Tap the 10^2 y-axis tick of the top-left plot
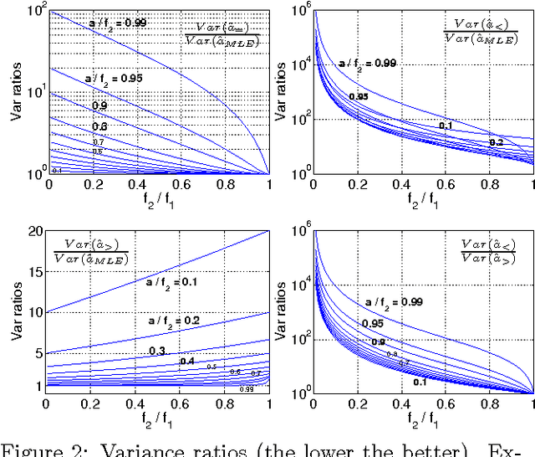click(x=34, y=10)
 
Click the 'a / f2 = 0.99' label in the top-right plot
click(x=374, y=63)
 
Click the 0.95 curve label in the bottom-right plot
click(x=373, y=324)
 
